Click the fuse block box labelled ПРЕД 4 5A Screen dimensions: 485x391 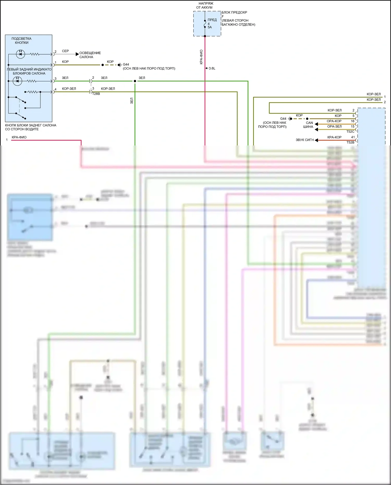tap(207, 24)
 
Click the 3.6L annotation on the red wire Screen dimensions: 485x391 tap(212, 69)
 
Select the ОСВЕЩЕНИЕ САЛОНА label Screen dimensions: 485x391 tap(90, 55)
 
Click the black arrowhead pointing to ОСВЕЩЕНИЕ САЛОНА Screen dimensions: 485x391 tap(77, 54)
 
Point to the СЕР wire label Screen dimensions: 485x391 tap(65, 51)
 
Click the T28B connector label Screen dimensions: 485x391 tap(96, 94)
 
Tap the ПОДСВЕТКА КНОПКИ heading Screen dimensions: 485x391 tap(21, 41)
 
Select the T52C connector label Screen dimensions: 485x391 tap(350, 132)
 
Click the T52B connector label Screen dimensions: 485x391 tap(350, 142)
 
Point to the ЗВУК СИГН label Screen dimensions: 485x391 tap(304, 140)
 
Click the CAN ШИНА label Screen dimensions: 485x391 tap(308, 125)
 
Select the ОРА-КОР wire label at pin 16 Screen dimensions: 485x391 tap(334, 121)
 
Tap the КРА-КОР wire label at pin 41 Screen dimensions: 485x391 tap(334, 137)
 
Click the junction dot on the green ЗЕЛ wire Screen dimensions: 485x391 tap(135, 81)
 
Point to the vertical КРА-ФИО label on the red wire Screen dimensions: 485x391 tap(201, 57)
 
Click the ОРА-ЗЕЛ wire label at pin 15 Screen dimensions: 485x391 tap(334, 127)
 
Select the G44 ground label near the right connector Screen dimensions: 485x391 tap(283, 119)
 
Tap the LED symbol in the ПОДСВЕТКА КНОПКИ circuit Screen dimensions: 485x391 tap(20, 54)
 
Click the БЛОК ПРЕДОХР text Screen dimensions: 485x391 tap(234, 13)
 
